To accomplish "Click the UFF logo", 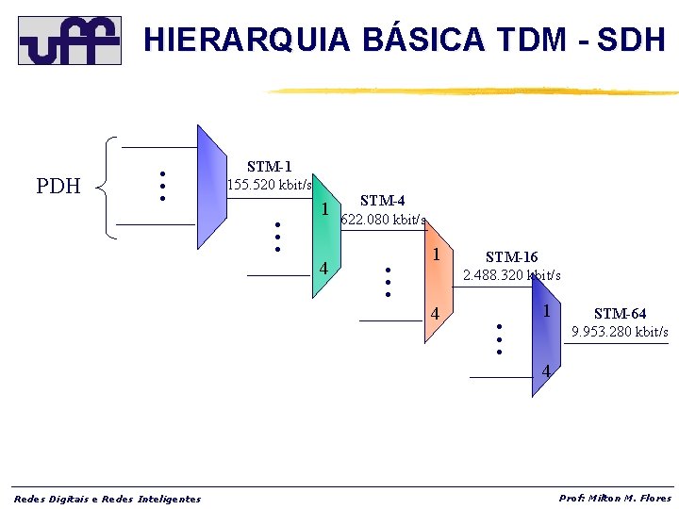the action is [70, 40].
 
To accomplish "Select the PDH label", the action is [58, 186].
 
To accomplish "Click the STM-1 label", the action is [269, 167].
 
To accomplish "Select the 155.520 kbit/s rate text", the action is [270, 184].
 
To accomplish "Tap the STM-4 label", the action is [383, 201].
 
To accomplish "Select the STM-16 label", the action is [511, 256].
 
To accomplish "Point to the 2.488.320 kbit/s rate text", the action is [511, 275].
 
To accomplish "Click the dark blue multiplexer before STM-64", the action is [545, 336].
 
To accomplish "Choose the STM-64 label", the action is [620, 314].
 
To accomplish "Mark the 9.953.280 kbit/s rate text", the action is [620, 332].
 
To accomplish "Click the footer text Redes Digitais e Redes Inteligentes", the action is [107, 499].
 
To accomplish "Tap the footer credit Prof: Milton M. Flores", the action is [615, 498].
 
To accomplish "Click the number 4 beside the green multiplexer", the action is [323, 269].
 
